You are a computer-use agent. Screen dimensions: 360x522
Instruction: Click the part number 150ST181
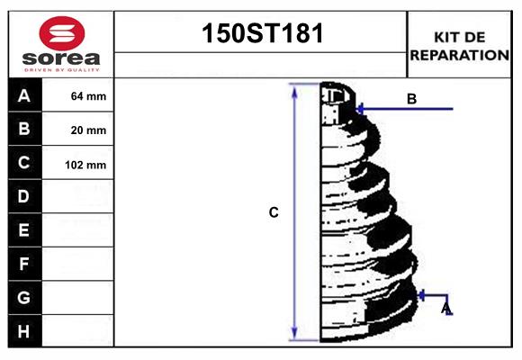click(261, 34)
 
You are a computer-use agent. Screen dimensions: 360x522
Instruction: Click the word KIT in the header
click(446, 37)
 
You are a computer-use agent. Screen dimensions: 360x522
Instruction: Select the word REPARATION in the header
click(460, 55)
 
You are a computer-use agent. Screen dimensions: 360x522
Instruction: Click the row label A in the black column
click(24, 95)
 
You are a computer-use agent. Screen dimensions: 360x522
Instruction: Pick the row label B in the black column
click(24, 129)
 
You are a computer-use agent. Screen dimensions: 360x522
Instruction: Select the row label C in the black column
click(24, 163)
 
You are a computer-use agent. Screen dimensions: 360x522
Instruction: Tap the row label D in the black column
click(24, 196)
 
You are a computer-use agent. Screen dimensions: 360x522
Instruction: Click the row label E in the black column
click(24, 230)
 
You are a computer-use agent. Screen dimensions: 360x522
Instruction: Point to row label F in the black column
click(24, 264)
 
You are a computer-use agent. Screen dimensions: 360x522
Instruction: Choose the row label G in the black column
click(24, 297)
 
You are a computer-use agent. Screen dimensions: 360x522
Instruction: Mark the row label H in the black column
click(24, 331)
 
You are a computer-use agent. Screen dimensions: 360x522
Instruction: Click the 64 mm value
click(88, 96)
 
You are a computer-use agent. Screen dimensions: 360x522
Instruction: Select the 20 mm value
click(88, 130)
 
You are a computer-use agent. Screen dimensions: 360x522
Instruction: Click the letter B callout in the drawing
click(411, 99)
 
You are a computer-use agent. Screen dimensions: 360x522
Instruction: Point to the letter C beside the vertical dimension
click(274, 213)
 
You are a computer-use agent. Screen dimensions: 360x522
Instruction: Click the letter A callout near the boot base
click(445, 309)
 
